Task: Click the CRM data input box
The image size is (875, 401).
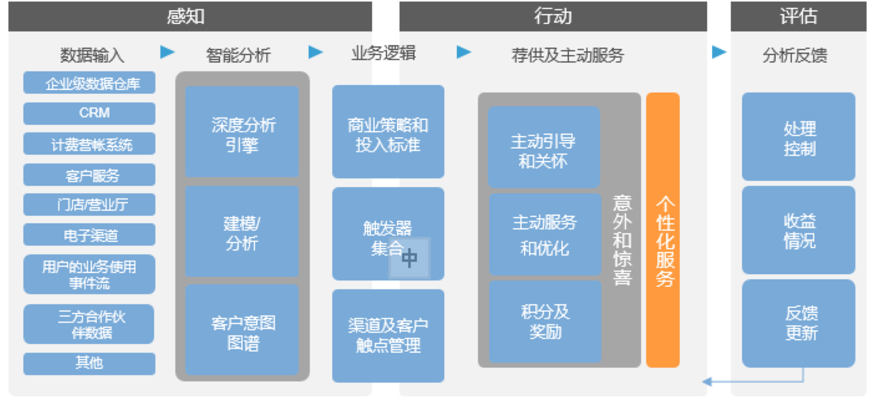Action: pos(89,113)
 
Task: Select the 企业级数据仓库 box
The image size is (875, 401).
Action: pos(89,83)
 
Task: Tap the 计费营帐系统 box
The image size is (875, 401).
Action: pos(89,144)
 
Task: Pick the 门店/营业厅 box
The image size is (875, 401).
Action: pos(89,205)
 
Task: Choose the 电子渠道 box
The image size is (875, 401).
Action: pos(89,235)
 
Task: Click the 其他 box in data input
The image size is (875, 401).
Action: pos(89,364)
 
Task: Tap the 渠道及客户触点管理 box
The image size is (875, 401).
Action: pos(388,336)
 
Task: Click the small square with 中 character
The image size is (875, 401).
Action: pos(409,257)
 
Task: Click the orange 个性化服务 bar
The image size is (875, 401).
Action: pos(663,230)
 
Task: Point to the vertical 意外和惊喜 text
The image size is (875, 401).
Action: pos(622,239)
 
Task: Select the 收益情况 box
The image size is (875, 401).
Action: pos(798,230)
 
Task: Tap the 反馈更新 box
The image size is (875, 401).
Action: pos(798,323)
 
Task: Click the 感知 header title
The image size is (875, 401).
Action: pos(186,16)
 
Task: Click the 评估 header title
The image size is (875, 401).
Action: pos(798,16)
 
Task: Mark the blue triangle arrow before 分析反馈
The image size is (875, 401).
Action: pos(719,52)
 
